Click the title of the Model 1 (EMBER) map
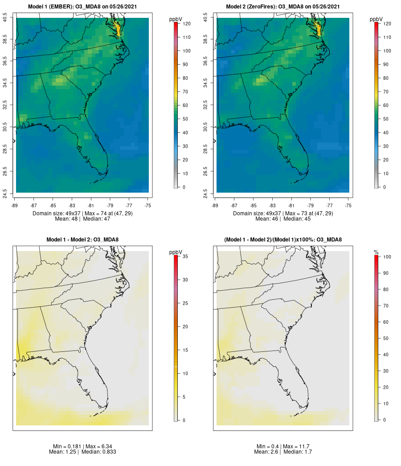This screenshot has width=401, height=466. (82, 6)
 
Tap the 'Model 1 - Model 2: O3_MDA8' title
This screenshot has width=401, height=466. (82, 240)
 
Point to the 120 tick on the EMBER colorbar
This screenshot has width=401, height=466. (187, 24)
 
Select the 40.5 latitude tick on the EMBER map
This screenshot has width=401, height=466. (5, 18)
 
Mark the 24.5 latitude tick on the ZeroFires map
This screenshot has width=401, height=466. (205, 193)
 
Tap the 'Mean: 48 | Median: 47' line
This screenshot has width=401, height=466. (82, 219)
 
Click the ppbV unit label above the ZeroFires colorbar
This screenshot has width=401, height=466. (376, 19)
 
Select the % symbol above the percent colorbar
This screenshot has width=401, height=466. (376, 252)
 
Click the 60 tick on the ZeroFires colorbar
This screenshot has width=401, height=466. (387, 105)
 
